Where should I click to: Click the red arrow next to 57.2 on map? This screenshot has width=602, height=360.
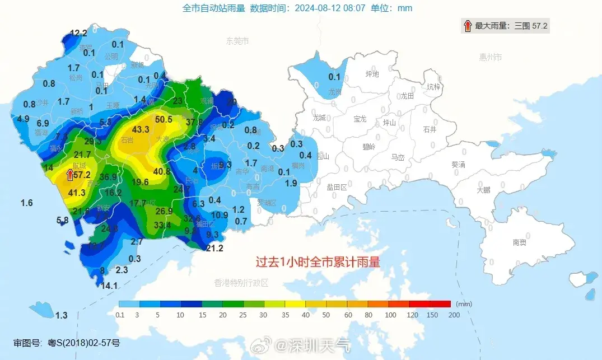point(70,175)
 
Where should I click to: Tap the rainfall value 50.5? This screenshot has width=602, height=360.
point(164,119)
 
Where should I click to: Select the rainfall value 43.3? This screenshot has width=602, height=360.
point(141,129)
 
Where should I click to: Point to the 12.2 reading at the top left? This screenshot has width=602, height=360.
point(78,33)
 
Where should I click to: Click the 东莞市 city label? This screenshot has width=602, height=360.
point(237,41)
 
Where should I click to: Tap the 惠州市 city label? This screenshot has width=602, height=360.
point(491,57)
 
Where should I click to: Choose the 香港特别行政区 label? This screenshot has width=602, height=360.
point(241,283)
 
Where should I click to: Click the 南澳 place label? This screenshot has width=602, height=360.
point(519,242)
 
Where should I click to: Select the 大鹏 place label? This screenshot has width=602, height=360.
point(483,190)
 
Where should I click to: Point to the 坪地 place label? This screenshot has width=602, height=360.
point(372,74)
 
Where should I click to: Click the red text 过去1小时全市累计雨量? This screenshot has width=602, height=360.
point(318,262)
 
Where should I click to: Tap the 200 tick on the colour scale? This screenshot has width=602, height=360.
point(454,315)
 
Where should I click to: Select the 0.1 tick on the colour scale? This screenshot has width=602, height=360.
point(120,315)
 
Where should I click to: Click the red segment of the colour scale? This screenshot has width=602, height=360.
point(440,304)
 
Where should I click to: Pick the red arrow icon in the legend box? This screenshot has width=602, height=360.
point(467,25)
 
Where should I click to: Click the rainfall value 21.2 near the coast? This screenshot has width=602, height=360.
point(214,249)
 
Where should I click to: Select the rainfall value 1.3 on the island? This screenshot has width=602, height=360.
point(61,315)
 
